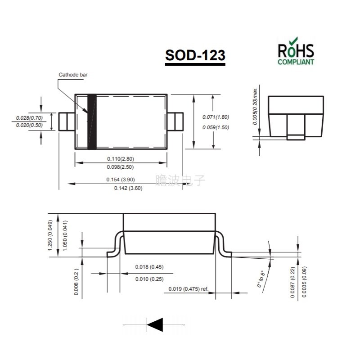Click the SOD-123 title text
(x=195, y=55)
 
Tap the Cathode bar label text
(x=73, y=75)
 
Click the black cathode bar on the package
(x=92, y=121)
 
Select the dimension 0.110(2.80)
(x=121, y=158)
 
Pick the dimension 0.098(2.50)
(x=121, y=167)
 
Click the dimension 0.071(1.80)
(x=216, y=117)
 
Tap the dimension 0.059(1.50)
(x=216, y=127)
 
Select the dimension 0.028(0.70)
(x=29, y=118)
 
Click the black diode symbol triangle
(x=155, y=324)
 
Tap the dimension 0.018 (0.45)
(x=149, y=267)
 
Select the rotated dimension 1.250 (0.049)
(x=50, y=238)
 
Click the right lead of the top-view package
(x=175, y=121)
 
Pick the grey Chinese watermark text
(x=180, y=180)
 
